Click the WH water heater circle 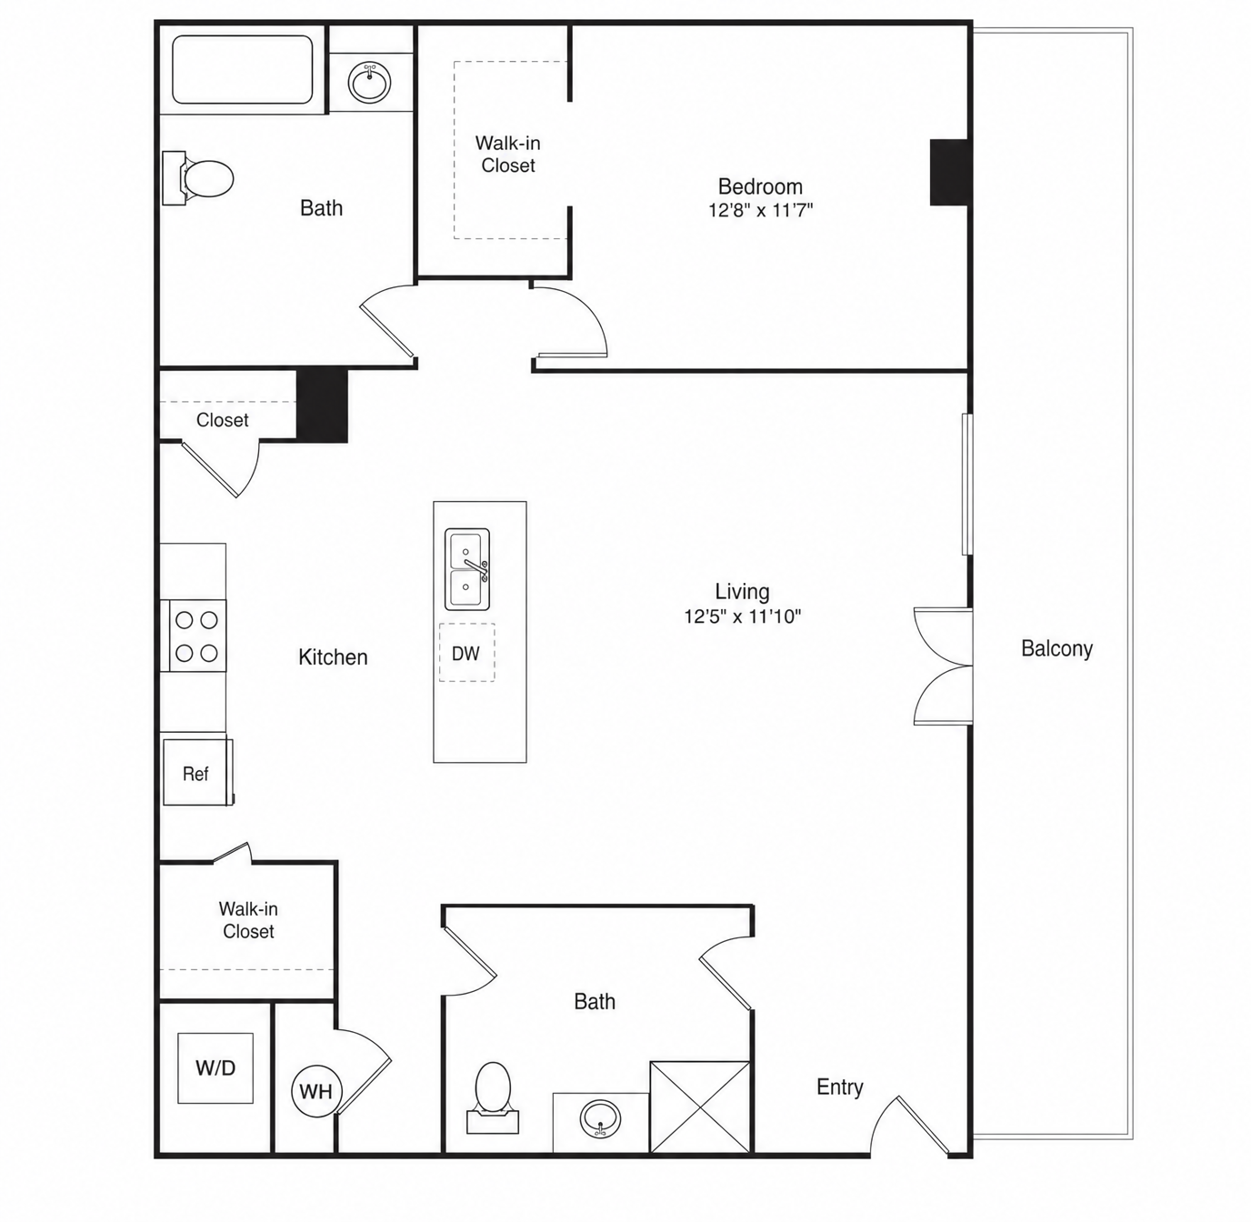point(316,1090)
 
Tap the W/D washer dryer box point(215,1067)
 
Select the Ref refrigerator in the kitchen point(197,772)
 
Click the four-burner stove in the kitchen point(194,636)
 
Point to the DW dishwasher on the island point(466,653)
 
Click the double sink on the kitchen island point(467,569)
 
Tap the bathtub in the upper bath point(243,69)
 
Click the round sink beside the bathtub point(370,82)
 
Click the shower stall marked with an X point(700,1107)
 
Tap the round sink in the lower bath point(600,1119)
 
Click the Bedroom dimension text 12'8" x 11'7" point(760,210)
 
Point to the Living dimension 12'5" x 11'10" point(743,616)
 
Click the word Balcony point(1056,648)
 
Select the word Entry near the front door point(839,1087)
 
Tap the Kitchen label point(333,657)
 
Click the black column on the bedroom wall point(949,172)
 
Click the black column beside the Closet point(322,406)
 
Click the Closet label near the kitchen point(223,420)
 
